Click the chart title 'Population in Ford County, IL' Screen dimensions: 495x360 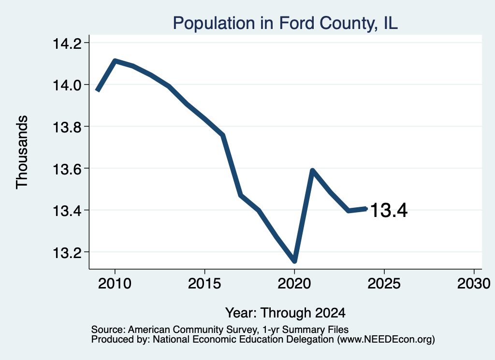(285, 24)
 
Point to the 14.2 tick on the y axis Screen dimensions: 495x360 (67, 43)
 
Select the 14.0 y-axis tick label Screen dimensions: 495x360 (67, 85)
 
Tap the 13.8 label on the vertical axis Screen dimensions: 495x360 (67, 127)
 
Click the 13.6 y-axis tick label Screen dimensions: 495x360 (67, 169)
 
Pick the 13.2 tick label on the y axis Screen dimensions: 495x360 (67, 253)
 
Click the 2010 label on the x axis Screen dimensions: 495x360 (115, 283)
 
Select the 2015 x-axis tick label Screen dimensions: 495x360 (204, 283)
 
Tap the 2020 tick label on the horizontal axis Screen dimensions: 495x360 (294, 283)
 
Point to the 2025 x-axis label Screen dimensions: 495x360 (384, 283)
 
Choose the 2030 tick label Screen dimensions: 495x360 (474, 283)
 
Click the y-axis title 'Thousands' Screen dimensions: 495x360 (22, 152)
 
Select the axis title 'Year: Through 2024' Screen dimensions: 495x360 (285, 313)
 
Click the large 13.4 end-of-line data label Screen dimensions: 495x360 (389, 210)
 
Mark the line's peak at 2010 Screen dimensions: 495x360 (115, 60)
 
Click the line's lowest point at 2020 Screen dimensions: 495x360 (294, 261)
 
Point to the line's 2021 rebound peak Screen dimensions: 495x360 (312, 171)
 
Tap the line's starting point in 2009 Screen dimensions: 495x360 (98, 90)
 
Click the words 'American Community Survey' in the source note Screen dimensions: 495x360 (192, 330)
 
